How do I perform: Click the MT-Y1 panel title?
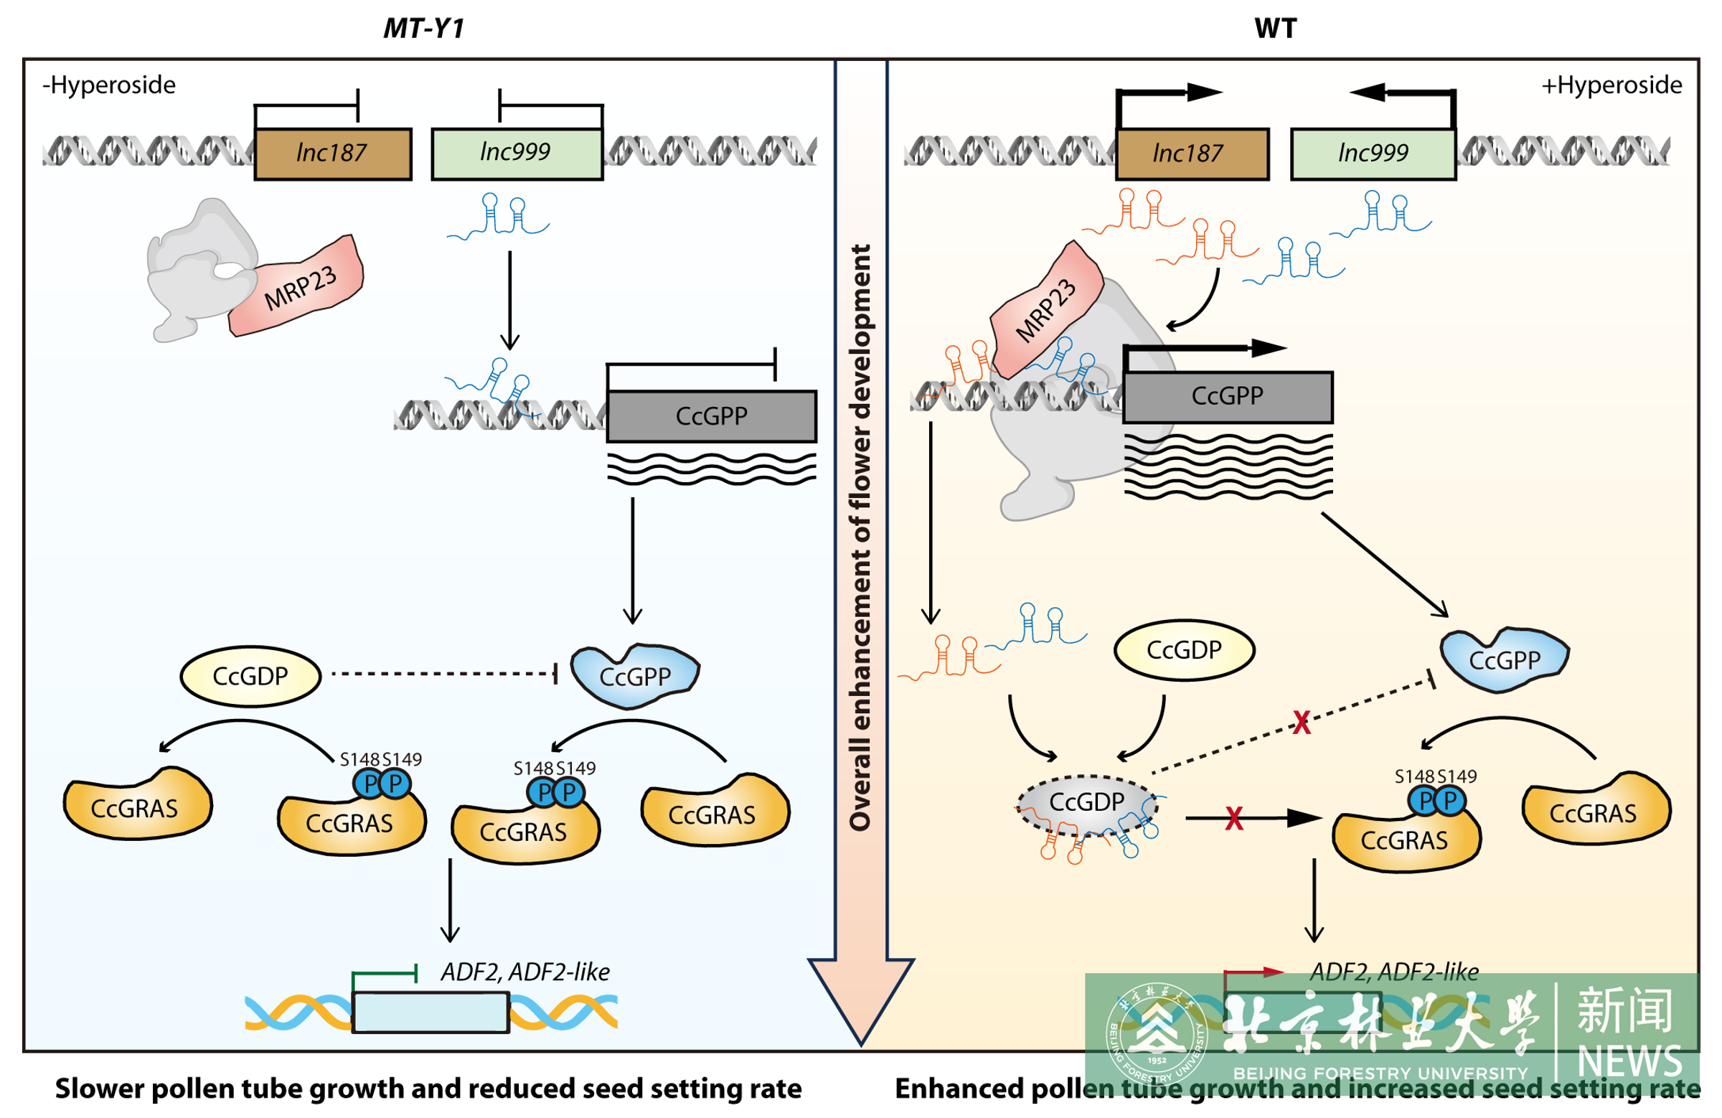click(423, 28)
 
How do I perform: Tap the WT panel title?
click(1275, 28)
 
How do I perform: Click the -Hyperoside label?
click(109, 85)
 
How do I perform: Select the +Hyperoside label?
click(1611, 85)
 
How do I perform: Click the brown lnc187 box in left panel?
click(333, 154)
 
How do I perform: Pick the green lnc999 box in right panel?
click(1373, 154)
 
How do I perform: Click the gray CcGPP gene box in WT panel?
click(1227, 397)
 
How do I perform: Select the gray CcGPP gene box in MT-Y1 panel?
click(711, 416)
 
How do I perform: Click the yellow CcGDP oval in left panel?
click(250, 676)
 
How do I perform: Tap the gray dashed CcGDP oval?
click(1086, 802)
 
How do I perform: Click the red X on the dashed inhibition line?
click(1301, 722)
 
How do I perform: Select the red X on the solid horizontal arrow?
click(1233, 819)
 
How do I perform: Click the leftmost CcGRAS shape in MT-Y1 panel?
click(136, 806)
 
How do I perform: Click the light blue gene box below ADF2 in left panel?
click(430, 1012)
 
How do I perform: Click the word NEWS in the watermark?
click(1629, 1061)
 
